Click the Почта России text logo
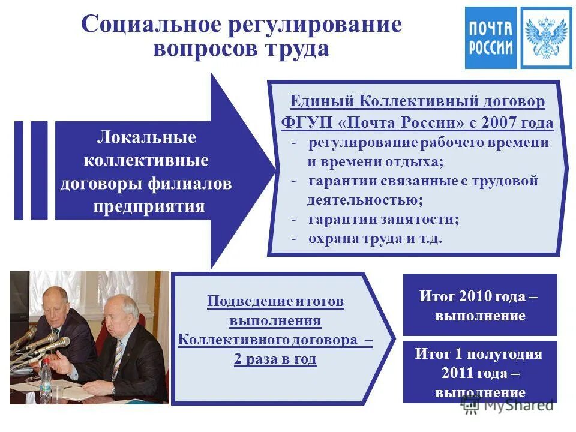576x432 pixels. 490,37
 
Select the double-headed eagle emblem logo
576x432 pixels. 546,37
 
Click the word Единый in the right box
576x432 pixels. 321,101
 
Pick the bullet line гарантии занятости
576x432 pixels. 383,219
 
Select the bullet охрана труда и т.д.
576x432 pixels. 375,238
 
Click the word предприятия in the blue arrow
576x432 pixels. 149,207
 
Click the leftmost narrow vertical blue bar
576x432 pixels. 19,170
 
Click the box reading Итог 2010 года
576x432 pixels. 479,305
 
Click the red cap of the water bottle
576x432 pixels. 46,364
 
